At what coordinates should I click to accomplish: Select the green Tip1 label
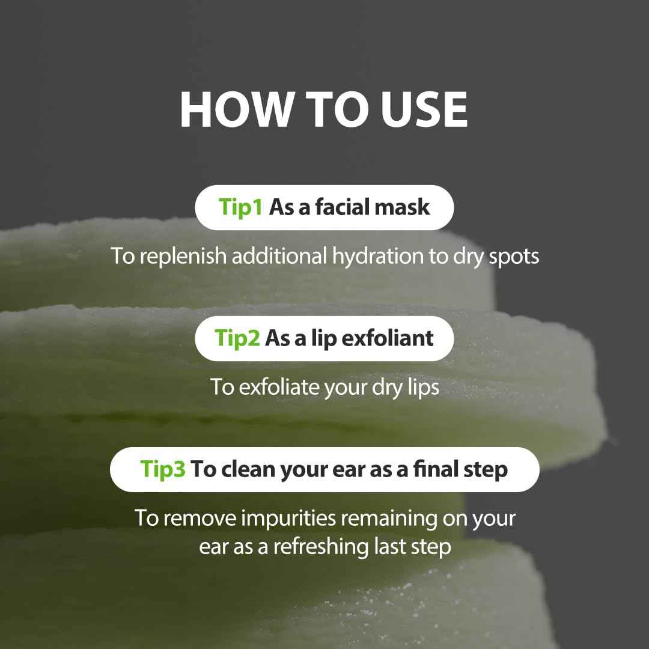click(241, 207)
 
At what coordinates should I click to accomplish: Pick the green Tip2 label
click(237, 338)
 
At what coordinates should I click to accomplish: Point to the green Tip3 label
click(163, 469)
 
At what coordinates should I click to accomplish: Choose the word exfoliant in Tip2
click(388, 338)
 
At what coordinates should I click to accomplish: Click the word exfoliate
click(279, 388)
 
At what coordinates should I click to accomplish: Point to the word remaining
click(410, 518)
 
